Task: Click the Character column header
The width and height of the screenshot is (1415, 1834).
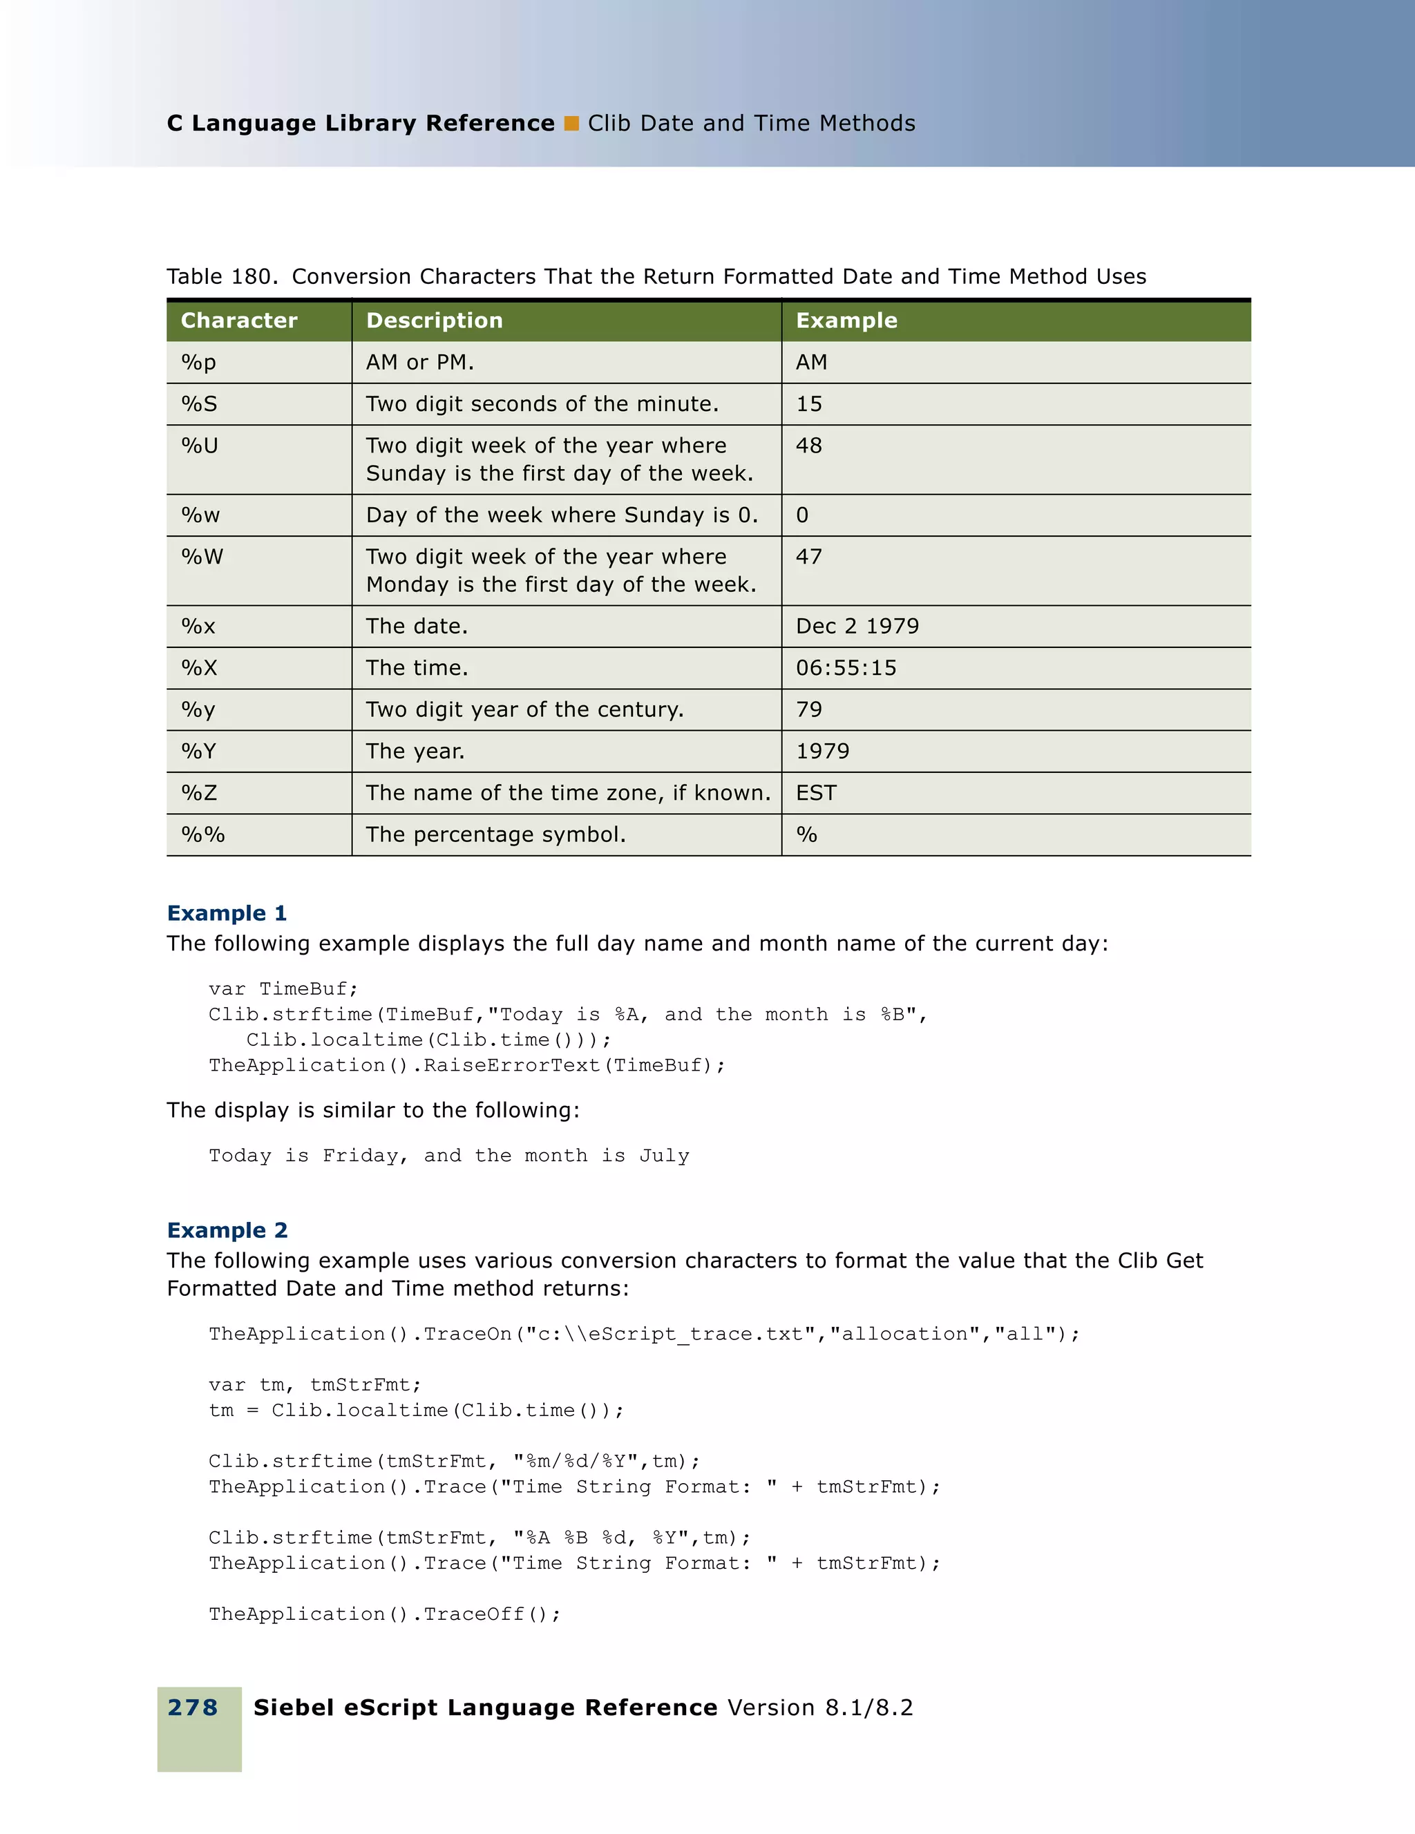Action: tap(239, 320)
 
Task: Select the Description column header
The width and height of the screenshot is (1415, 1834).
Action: tap(434, 320)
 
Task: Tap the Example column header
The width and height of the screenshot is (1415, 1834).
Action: tap(846, 320)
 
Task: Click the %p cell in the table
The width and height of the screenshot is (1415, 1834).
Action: tap(199, 362)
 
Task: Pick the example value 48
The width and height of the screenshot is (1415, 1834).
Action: tap(808, 446)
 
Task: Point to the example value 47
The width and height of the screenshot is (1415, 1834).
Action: tap(808, 557)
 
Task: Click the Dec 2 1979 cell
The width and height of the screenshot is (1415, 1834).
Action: tap(857, 627)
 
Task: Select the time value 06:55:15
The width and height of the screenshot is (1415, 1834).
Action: tap(846, 669)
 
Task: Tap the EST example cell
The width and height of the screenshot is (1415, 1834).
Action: tap(816, 794)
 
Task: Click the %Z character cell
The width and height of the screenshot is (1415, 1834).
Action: tap(199, 794)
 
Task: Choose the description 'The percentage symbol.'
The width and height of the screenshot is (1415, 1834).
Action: tap(495, 834)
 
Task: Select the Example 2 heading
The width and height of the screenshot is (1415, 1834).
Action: tap(227, 1230)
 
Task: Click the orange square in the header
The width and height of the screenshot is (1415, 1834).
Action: tap(572, 124)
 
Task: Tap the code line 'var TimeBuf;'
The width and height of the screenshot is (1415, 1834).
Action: tap(283, 989)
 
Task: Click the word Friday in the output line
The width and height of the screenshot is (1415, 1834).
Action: tap(360, 1156)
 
